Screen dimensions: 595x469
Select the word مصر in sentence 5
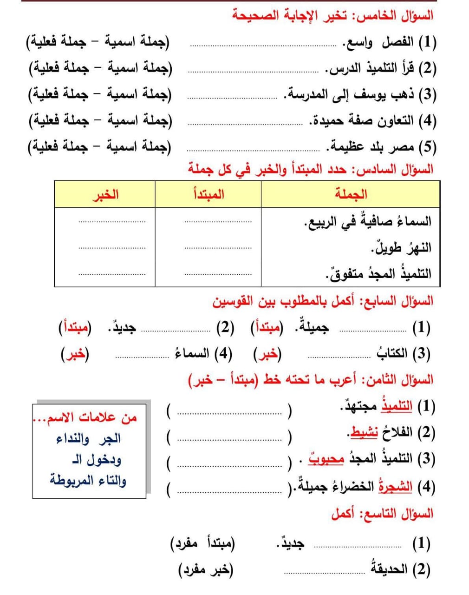402,147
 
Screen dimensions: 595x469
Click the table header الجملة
351,194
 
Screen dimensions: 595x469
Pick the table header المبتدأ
208,194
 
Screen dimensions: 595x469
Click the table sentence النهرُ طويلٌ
401,248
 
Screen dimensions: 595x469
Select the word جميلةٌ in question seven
312,328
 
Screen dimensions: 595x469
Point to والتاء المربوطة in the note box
88,480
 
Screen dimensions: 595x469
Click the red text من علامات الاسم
86,417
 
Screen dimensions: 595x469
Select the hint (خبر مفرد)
206,569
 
